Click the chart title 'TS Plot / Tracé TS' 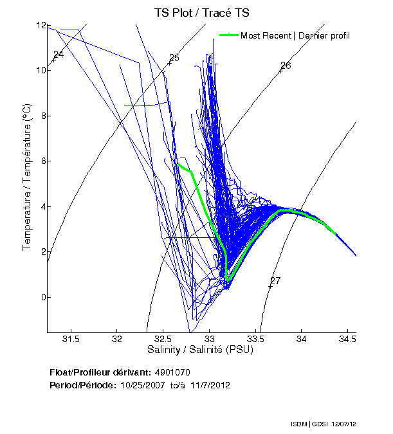(201, 13)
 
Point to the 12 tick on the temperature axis (41, 26)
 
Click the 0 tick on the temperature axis (43, 297)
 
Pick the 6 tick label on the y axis (43, 161)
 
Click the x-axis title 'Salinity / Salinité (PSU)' (201, 350)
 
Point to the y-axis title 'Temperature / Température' (28, 178)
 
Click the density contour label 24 (59, 54)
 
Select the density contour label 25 (173, 59)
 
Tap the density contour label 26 (286, 66)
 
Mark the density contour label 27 (275, 280)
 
